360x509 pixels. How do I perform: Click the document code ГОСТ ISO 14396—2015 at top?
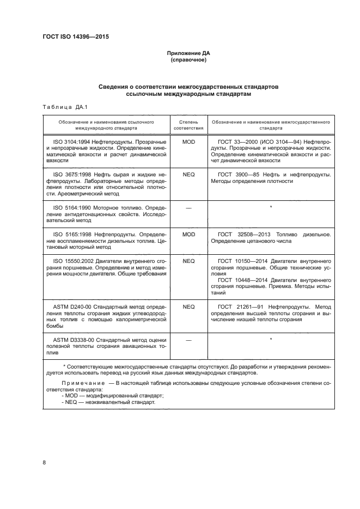(79, 38)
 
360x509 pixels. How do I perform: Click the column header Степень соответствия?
(188, 126)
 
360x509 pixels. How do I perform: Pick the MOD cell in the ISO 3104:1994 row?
(188, 141)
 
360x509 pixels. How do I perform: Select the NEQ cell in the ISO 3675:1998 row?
(188, 174)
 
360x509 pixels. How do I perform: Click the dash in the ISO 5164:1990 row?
(188, 207)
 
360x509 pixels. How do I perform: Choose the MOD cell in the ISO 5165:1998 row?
(188, 234)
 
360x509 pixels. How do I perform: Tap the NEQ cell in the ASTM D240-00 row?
(188, 306)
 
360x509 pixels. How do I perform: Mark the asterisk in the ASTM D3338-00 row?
(270, 340)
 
